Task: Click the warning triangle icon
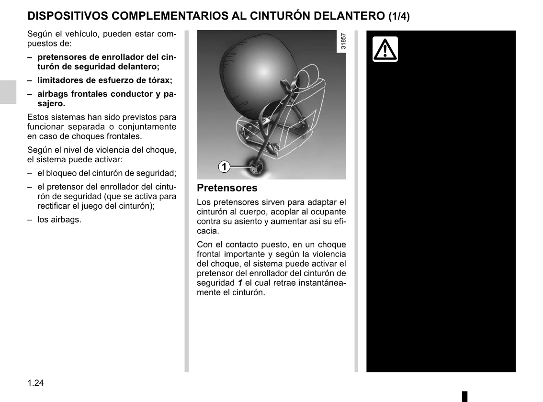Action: [x=385, y=49]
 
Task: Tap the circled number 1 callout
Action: [x=224, y=167]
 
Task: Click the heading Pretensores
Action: [x=227, y=188]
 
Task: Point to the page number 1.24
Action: [x=36, y=383]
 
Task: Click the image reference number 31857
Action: [x=343, y=42]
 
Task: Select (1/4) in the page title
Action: [x=399, y=16]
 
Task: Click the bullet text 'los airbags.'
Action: [x=59, y=220]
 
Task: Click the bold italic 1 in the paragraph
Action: [x=239, y=283]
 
